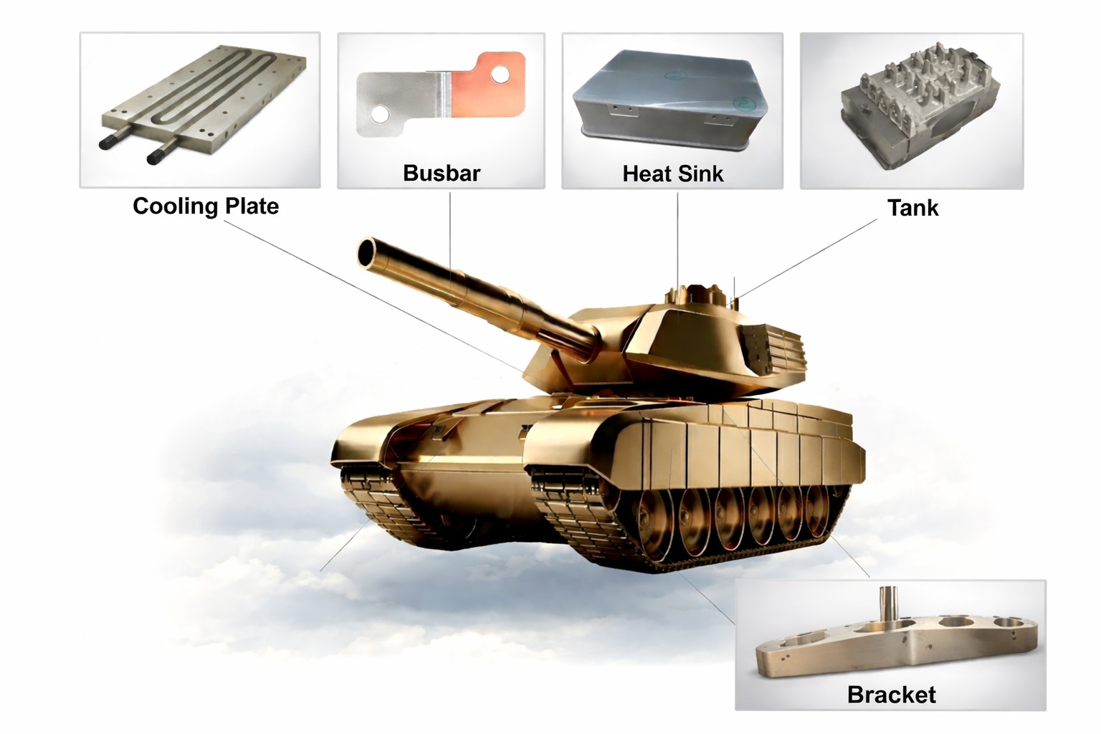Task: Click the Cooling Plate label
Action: point(206,206)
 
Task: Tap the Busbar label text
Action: point(442,173)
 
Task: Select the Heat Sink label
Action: point(673,173)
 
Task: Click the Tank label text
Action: point(912,208)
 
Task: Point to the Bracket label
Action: point(891,695)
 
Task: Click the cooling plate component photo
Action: point(201,100)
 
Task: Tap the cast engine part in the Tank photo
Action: point(910,100)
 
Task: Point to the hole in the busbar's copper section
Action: point(501,74)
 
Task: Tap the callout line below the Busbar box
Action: point(450,229)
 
